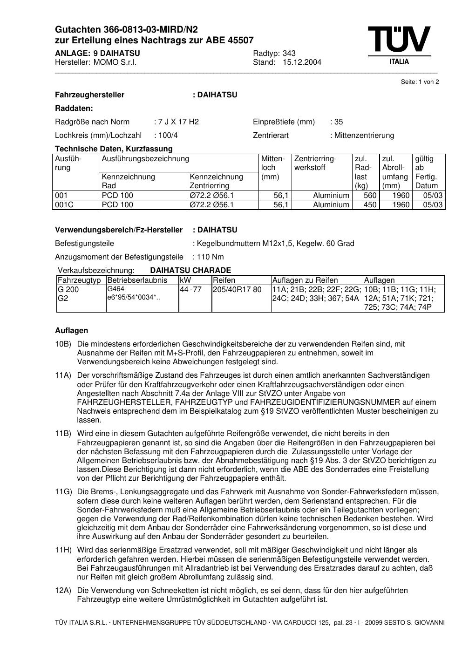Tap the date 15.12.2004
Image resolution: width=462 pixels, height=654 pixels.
point(302,62)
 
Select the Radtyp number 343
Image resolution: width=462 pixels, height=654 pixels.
point(289,53)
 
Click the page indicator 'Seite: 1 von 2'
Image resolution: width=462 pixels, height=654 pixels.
point(420,82)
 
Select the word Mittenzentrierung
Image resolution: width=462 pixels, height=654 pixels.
point(364,136)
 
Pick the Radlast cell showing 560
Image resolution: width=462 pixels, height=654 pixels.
point(370,196)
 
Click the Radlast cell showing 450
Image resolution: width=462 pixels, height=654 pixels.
point(370,205)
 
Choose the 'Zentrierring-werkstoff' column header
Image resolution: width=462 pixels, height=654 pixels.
point(315,163)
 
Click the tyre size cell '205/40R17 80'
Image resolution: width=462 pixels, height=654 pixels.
point(237,290)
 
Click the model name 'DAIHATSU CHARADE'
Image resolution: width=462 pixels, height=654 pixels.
point(190,271)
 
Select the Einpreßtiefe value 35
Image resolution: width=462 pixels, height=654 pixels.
point(338,122)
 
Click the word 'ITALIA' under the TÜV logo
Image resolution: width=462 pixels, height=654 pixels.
point(399,62)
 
